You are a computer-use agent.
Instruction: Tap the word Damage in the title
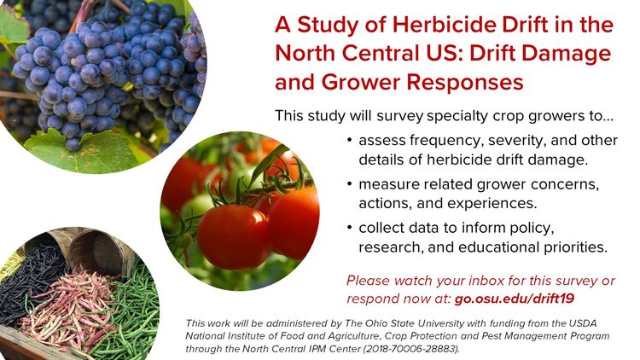[x=566, y=54]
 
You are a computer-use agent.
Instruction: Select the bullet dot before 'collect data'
[x=351, y=229]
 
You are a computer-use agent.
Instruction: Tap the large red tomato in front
[x=233, y=235]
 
